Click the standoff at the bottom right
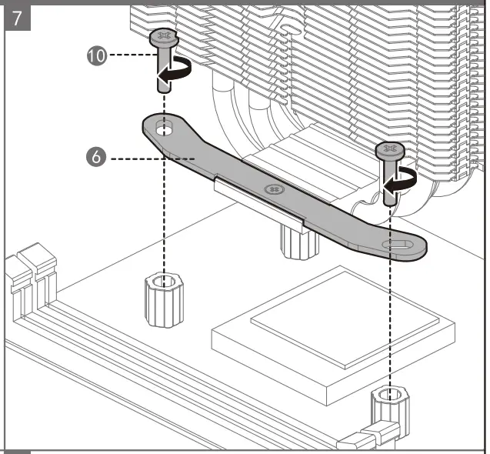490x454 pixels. click(389, 408)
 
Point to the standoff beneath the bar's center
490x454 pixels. click(298, 240)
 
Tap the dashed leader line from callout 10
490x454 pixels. click(127, 56)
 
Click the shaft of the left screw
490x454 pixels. click(162, 77)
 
